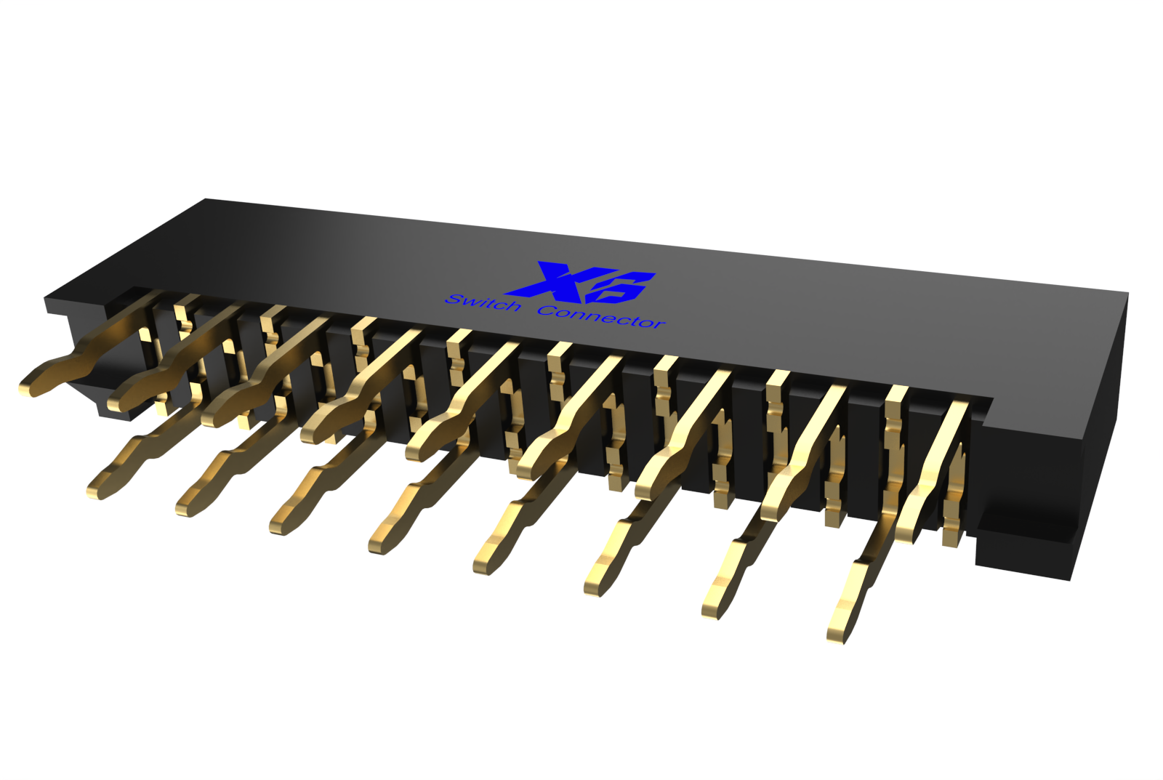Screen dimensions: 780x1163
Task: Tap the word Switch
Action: [x=483, y=302]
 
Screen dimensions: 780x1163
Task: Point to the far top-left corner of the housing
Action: [x=206, y=199]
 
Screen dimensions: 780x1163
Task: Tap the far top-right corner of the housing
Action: [x=1127, y=294]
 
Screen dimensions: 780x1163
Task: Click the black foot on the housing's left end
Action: [x=116, y=413]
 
